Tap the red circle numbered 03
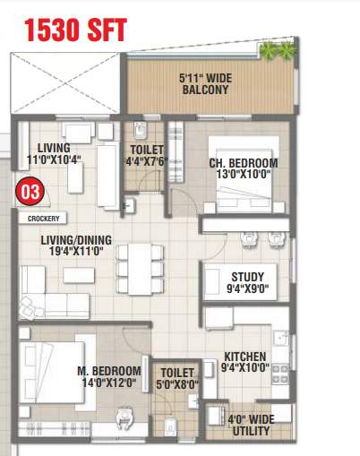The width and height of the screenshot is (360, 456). [x=30, y=191]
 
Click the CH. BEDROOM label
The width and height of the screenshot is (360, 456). [x=243, y=169]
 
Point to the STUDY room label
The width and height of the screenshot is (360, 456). [x=247, y=283]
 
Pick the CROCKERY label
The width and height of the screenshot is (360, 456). [x=43, y=218]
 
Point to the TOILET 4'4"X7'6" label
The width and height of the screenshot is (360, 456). [x=146, y=157]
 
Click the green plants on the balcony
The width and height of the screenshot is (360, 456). [x=277, y=50]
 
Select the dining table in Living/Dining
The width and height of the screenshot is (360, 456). [x=136, y=262]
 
